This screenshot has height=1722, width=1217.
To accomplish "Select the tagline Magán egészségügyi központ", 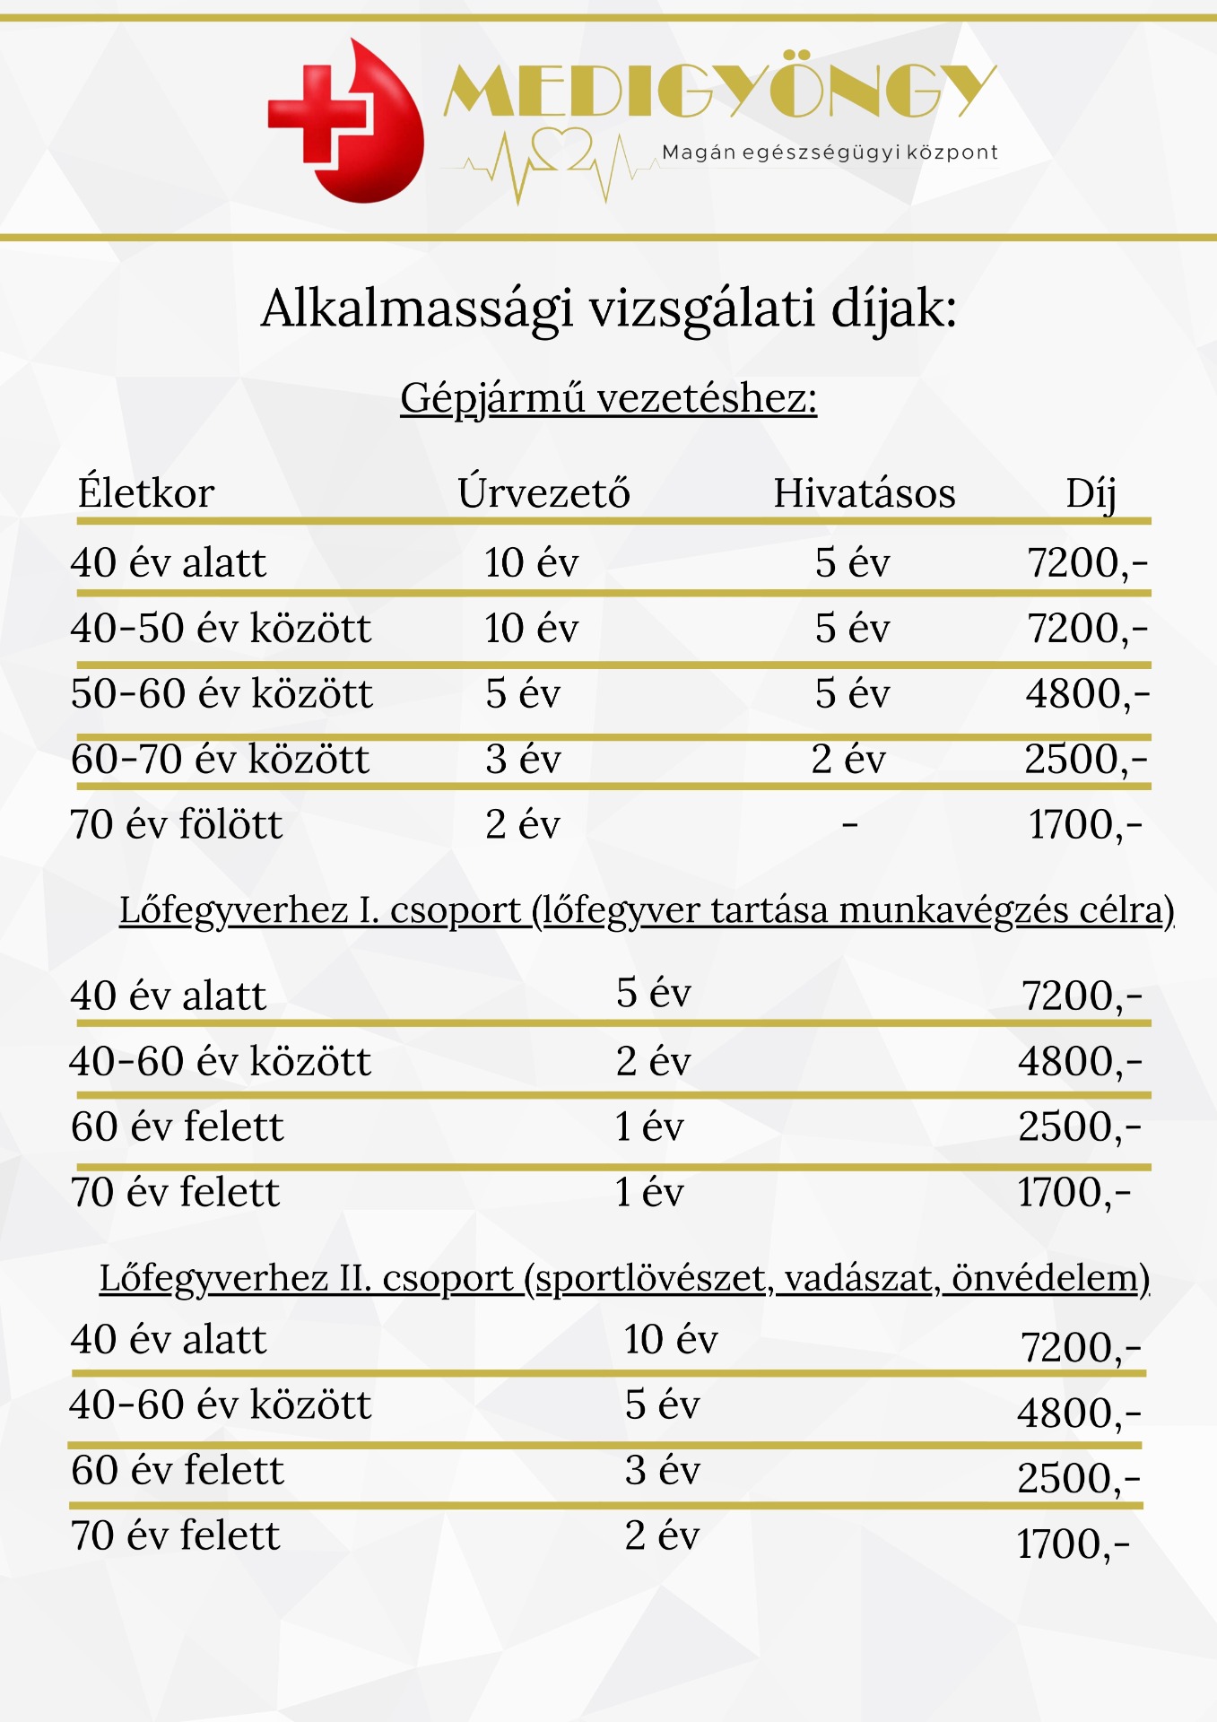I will pos(830,152).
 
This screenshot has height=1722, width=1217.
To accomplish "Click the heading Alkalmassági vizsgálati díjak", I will pos(609,309).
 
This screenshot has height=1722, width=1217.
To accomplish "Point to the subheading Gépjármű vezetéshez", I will pos(609,397).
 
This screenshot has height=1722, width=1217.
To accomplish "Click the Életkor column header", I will pos(146,493).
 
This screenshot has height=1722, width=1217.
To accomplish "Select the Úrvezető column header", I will pos(543,493).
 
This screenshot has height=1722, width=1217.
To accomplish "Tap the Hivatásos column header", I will pos(865,493).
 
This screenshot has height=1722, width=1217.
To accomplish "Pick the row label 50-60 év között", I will pos(222,693).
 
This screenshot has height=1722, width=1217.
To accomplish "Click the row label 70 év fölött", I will pos(177,824).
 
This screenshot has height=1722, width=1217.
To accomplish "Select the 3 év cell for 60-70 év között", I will pos(523,759).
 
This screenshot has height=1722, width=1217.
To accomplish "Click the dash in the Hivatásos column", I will pos(850,823).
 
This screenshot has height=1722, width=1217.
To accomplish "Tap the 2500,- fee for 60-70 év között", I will pos(1086,759).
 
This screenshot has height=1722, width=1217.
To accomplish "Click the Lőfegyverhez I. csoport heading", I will pos(647,910).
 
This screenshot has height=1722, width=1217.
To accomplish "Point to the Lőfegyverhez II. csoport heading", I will pos(624,1278).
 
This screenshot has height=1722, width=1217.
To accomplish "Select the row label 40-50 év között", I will pos(221,628).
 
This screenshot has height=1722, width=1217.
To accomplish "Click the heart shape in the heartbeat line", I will pos(561,148).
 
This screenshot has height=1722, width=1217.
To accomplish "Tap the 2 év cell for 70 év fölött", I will pos(523,824).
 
